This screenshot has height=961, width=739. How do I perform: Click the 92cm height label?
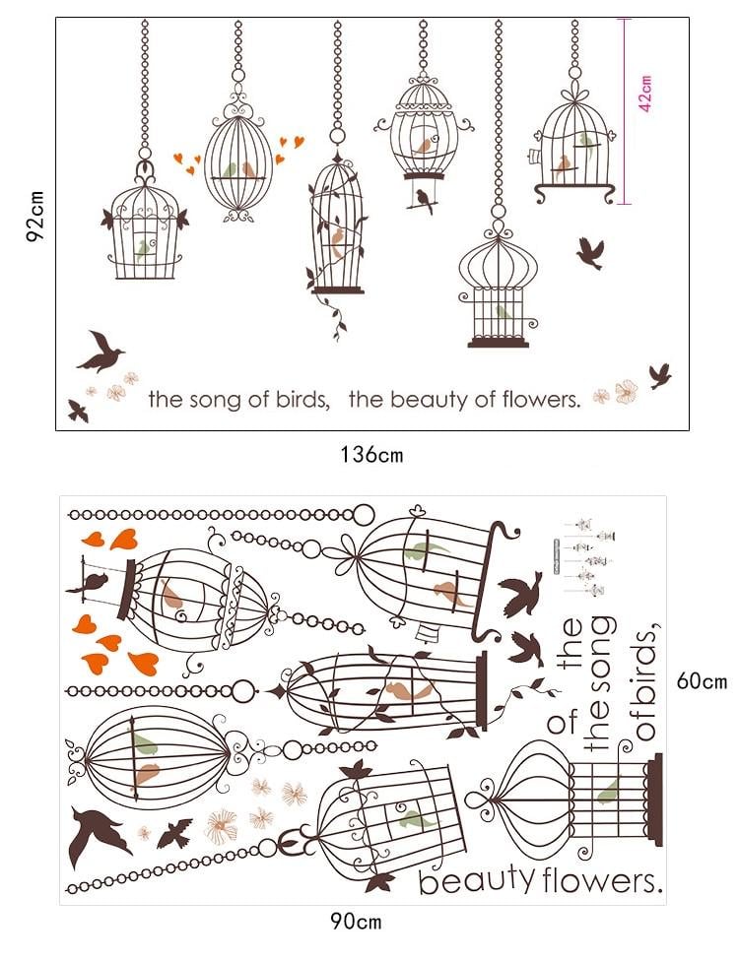tap(35, 216)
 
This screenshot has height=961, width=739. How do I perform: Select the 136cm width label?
tap(371, 455)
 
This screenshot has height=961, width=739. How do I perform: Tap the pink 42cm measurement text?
tap(645, 94)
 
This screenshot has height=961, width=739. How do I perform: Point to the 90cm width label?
tap(356, 922)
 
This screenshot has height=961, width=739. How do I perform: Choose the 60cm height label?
tap(702, 681)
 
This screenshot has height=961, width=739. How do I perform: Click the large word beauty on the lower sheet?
tap(477, 880)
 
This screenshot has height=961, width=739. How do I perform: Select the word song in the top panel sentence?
tap(215, 401)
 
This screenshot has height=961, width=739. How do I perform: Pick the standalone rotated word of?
tap(563, 722)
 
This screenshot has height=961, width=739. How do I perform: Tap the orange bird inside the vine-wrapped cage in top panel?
tap(338, 242)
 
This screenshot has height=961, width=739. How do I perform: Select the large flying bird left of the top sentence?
tap(101, 352)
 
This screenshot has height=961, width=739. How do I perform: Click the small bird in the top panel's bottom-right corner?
tap(660, 375)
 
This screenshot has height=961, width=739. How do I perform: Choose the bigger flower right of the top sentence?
tap(626, 392)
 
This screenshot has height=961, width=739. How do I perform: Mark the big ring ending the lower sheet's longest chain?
tap(364, 515)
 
